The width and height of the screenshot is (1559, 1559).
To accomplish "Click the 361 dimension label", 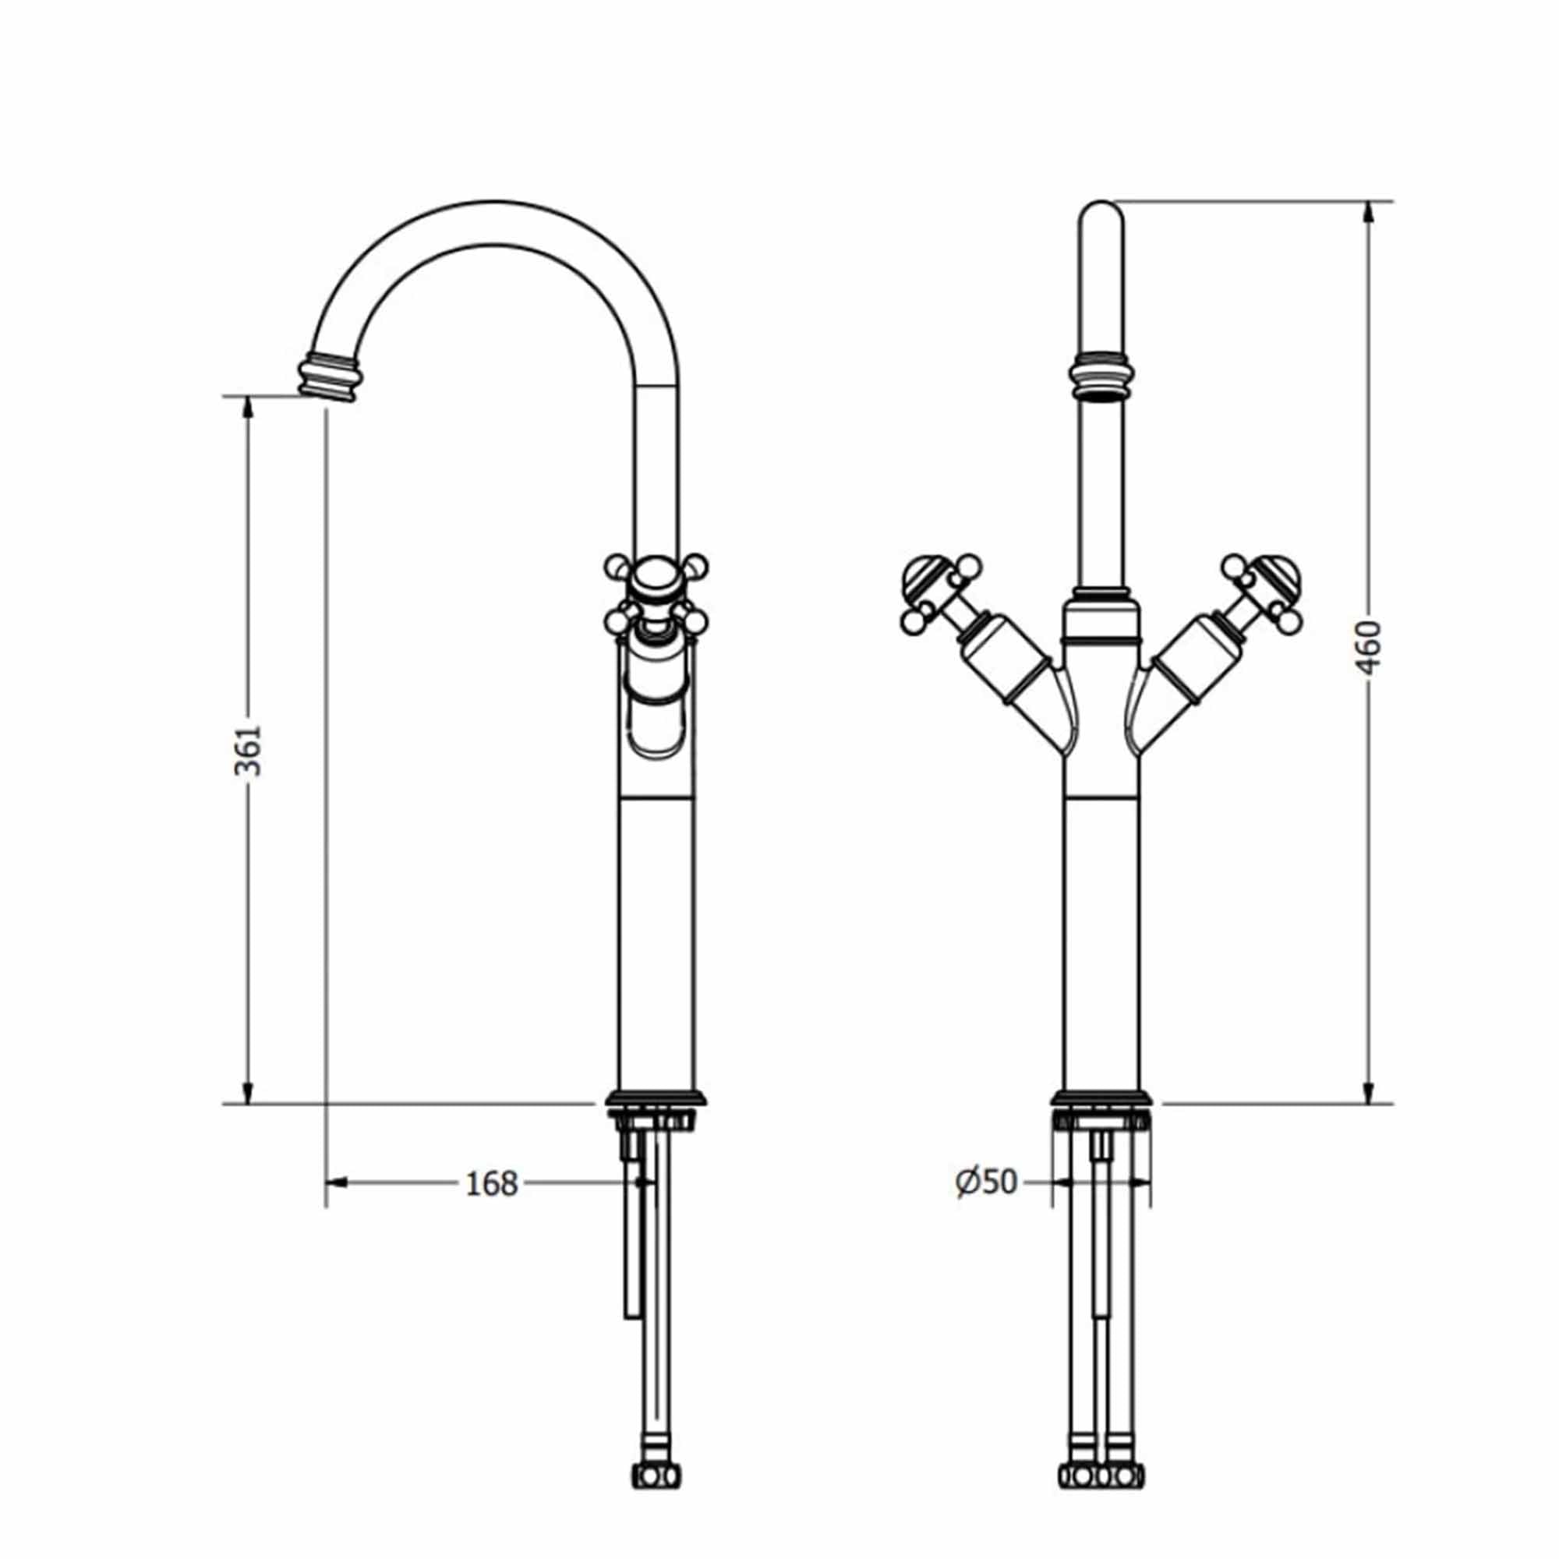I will pos(249,750).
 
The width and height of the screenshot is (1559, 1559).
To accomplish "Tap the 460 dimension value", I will pos(1369,646).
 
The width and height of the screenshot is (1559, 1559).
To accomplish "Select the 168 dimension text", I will pos(491,1184).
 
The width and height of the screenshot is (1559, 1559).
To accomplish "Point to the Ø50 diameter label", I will pos(986,1183).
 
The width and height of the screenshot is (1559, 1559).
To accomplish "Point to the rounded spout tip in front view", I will pos(1101,218).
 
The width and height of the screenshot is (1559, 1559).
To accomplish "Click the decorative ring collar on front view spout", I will pos(1101,376).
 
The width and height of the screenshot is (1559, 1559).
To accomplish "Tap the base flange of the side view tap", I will pos(656,1098).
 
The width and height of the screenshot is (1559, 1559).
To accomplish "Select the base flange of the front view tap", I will pos(1101,1098).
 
